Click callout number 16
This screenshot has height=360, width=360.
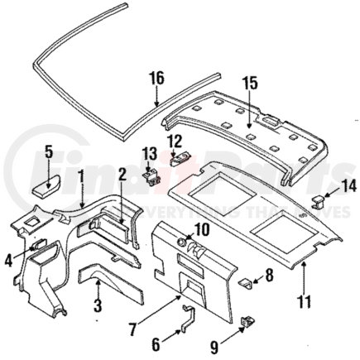pos(157,81)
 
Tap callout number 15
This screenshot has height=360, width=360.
pos(250,83)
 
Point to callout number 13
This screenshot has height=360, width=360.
pos(150,153)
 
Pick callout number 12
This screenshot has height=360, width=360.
pos(174,142)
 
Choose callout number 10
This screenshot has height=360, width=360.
pos(200,229)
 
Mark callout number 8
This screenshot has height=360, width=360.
pos(268,275)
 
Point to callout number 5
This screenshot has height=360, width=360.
pos(48,152)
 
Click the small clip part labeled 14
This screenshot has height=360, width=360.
pos(319,199)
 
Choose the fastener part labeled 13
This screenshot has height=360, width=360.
pos(151,173)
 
